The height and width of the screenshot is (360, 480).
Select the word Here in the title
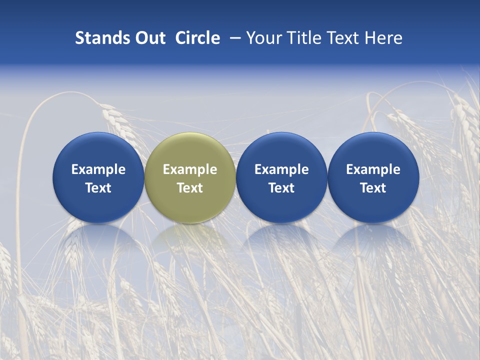point(383,38)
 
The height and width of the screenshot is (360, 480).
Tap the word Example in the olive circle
point(190,169)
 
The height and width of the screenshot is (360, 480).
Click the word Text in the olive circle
point(190,188)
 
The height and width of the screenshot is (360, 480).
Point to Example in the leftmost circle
point(98,169)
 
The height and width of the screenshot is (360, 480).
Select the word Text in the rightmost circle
point(373,188)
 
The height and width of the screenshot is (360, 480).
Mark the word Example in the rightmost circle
point(373,169)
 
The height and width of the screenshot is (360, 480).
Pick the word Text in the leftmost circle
point(98,188)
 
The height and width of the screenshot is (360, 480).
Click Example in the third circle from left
point(281,169)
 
